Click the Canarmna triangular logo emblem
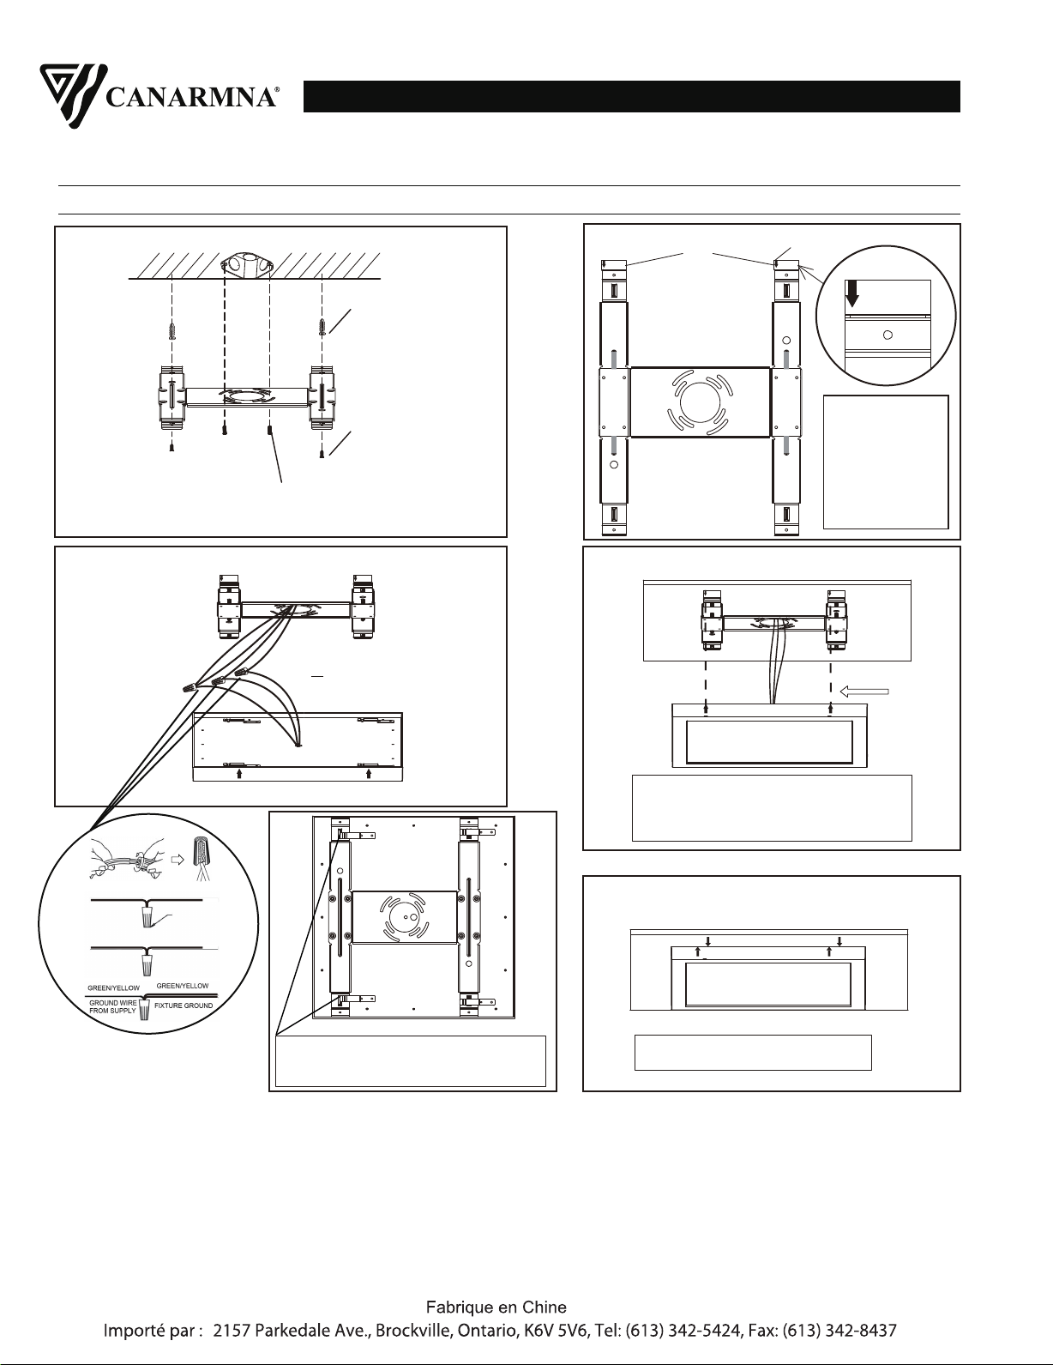72,96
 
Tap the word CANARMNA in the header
190,97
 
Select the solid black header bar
631,96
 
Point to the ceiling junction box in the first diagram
247,266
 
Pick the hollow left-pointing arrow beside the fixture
864,692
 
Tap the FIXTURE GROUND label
184,1006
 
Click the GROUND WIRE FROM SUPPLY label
113,1007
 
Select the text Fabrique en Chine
496,1308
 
